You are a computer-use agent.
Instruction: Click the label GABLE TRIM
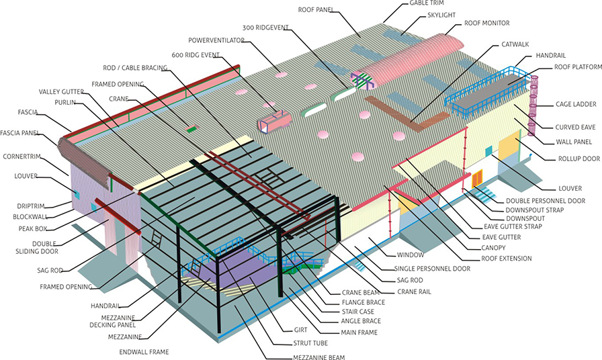coord(427,4)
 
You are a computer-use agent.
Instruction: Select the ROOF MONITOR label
coord(486,23)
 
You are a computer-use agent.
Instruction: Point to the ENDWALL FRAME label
coord(144,351)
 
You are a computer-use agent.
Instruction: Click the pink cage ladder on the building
coord(535,107)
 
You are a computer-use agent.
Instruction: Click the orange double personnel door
coord(477,179)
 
